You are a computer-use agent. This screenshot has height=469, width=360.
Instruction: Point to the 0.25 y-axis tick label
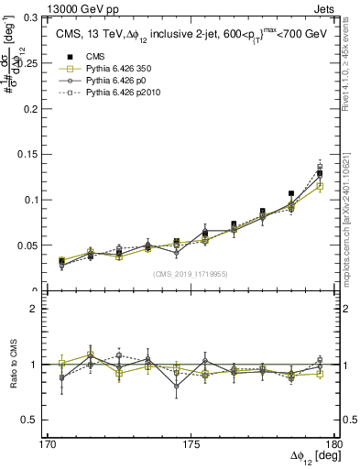coord(42,62)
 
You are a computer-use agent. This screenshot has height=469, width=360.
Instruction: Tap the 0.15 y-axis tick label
coord(42,154)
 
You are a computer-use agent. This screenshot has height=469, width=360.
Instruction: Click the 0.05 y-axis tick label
coord(42,245)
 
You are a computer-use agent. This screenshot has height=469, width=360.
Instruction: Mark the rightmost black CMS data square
coord(320,173)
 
